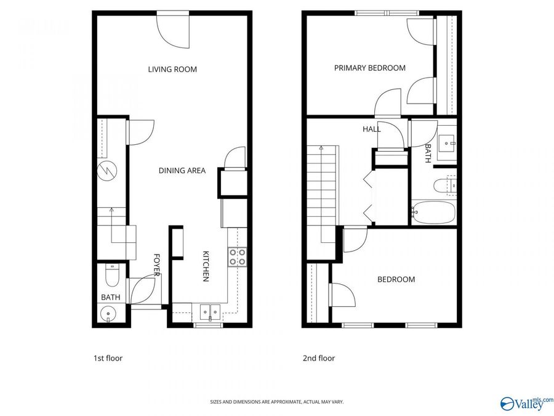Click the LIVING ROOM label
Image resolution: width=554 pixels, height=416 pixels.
[x=172, y=70]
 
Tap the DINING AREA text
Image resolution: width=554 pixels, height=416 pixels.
[x=182, y=171]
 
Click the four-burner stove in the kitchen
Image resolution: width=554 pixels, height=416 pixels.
[x=238, y=256]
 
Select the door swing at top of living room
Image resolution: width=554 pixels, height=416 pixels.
[x=174, y=30]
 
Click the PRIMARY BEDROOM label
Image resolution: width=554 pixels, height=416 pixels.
[x=369, y=68]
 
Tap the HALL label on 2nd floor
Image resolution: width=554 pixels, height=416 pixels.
[x=371, y=129]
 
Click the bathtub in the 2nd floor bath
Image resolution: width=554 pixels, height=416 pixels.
[x=433, y=213]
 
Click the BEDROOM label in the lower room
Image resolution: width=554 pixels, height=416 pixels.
[x=396, y=279]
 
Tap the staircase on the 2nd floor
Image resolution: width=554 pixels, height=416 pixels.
[x=323, y=185]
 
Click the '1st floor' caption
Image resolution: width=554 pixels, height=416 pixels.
[x=108, y=357]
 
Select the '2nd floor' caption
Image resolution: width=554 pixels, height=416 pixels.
[x=319, y=357]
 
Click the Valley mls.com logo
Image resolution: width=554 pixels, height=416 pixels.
[x=527, y=404]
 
